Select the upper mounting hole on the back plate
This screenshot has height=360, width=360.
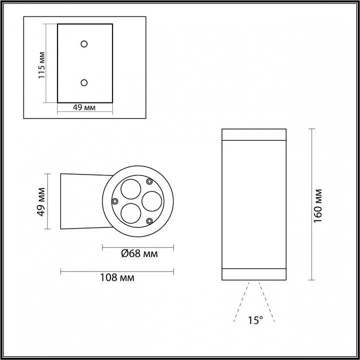pos(84,44)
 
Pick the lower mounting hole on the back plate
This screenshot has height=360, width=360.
pos(84,82)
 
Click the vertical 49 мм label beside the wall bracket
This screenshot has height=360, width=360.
pos(42,201)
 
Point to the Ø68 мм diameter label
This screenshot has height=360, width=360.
pos(139,254)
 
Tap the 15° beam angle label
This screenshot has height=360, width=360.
pos(254,320)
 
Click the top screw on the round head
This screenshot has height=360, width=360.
pos(149,181)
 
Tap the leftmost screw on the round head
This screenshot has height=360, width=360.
pos(115,201)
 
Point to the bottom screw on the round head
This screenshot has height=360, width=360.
pos(149,220)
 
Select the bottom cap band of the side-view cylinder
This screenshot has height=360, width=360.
pos(253,274)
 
